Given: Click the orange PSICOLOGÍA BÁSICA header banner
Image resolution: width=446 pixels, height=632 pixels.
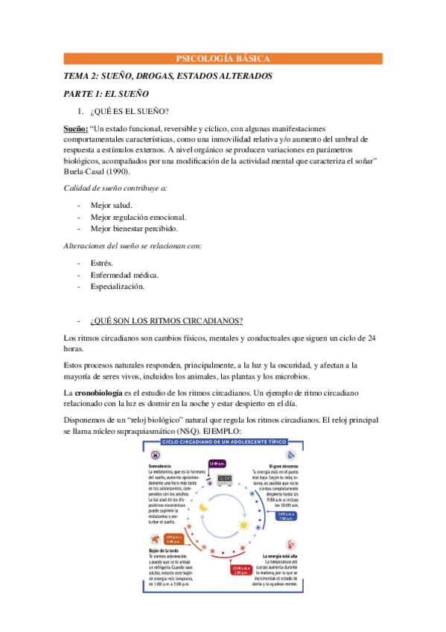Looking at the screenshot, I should pos(223,58).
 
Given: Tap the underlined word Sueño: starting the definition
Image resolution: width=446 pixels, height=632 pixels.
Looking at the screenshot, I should pos(76,129).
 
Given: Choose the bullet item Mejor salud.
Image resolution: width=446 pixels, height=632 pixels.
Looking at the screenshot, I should pos(112,204).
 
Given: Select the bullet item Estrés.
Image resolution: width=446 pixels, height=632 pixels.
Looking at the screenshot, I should pos(101,262).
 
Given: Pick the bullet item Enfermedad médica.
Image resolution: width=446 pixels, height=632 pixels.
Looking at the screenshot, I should pos(124,274).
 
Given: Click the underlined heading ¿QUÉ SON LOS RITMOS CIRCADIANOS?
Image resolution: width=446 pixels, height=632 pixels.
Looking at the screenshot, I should pos(166,321).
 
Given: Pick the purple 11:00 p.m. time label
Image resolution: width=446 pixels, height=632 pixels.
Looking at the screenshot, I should pos(217,463).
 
